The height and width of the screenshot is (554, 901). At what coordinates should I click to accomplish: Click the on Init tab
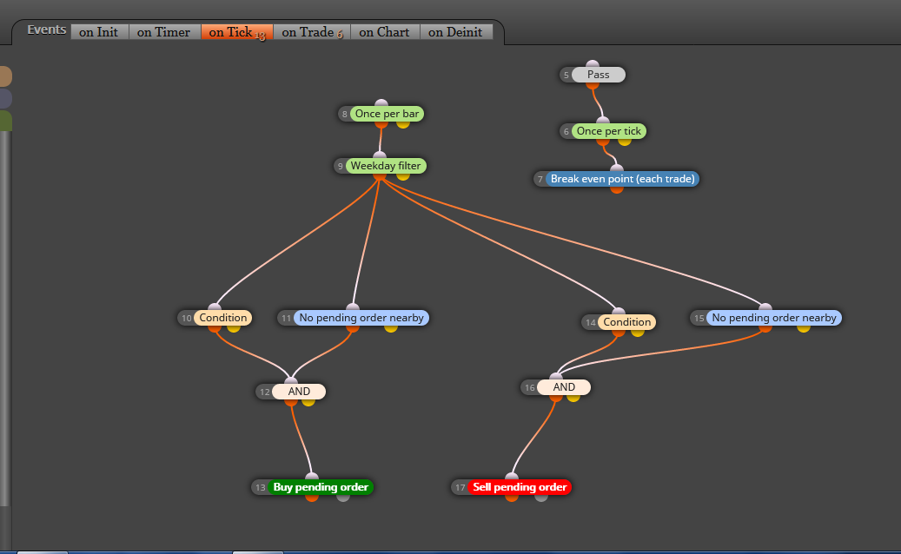point(99,32)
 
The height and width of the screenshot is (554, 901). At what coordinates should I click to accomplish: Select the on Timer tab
point(163,32)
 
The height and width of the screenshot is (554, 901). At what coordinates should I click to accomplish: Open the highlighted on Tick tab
point(236,32)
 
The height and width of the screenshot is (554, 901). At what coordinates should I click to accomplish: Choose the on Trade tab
point(312,32)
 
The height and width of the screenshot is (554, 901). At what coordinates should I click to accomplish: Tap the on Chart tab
point(384,32)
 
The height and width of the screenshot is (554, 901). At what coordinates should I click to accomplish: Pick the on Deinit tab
point(455,32)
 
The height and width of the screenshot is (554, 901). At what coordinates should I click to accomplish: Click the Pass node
point(598,75)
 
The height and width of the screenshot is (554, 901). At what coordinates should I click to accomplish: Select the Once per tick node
point(608,131)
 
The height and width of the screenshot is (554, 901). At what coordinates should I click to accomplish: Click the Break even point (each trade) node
point(622,179)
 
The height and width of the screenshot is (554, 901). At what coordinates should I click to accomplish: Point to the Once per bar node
point(387,114)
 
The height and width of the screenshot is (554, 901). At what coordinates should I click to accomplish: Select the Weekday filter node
point(386,166)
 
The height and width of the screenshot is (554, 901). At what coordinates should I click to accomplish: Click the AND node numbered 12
point(299,392)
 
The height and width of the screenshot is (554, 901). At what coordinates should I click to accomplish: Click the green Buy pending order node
point(321,487)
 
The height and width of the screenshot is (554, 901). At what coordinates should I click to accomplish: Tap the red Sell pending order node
point(520,487)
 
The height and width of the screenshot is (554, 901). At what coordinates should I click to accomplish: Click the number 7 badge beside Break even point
point(540,179)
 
